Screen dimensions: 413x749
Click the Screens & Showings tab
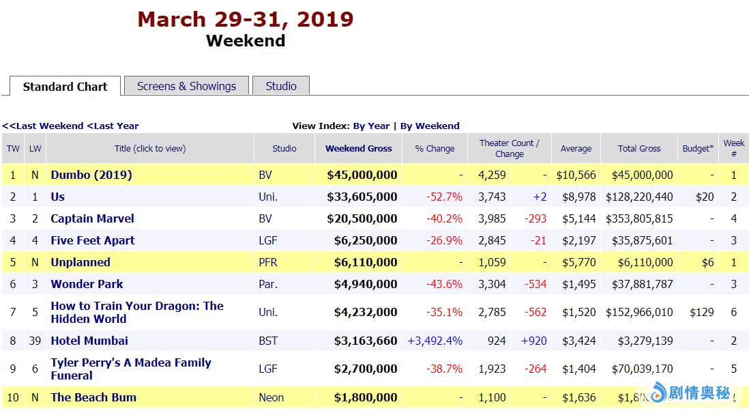pos(186,86)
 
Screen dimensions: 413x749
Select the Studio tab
pos(281,86)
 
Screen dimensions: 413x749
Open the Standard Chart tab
pos(65,87)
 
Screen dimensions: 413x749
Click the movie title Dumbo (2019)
pos(91,175)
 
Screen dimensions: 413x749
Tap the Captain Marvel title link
pos(92,218)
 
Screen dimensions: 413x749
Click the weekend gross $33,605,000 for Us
pos(362,197)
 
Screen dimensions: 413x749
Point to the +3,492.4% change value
pos(435,341)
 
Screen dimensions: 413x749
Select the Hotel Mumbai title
pos(89,341)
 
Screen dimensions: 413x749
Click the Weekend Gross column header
pos(358,148)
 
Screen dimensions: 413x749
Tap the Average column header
pos(576,148)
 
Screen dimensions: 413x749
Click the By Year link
pos(371,126)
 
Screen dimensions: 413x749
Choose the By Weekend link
pos(430,126)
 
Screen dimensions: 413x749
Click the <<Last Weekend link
pos(43,126)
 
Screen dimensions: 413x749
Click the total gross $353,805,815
pos(639,218)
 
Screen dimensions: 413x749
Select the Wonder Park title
pos(87,284)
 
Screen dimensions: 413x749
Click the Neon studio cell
pos(271,397)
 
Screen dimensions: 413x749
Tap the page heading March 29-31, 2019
pos(246,18)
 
